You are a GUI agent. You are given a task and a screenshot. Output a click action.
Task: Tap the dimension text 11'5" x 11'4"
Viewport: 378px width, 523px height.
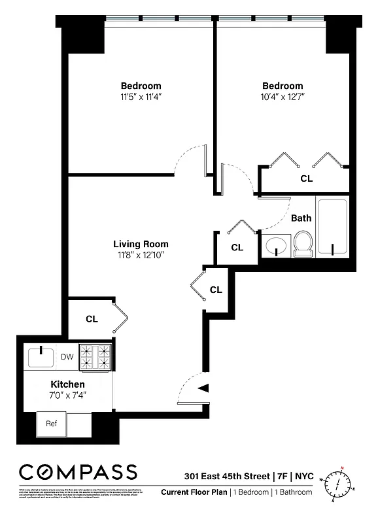pyautogui.click(x=141, y=97)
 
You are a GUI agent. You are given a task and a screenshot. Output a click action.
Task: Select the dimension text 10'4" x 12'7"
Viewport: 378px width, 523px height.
pyautogui.click(x=283, y=97)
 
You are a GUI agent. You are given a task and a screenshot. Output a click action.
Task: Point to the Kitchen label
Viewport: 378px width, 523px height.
pyautogui.click(x=68, y=384)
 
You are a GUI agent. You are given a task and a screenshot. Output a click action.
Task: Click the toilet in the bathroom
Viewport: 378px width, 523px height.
pyautogui.click(x=303, y=244)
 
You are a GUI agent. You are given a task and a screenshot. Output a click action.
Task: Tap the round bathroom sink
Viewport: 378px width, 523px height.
pyautogui.click(x=275, y=246)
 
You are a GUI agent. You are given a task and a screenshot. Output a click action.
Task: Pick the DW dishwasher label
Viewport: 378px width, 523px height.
pyautogui.click(x=67, y=357)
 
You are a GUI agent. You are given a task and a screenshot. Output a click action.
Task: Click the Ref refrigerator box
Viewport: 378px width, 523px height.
pyautogui.click(x=52, y=423)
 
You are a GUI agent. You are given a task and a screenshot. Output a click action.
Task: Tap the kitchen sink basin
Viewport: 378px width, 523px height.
pyautogui.click(x=43, y=357)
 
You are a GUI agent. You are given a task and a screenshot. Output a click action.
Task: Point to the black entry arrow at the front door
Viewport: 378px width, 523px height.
pyautogui.click(x=203, y=388)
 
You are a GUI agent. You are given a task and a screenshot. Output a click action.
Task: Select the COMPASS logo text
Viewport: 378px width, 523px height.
pyautogui.click(x=78, y=472)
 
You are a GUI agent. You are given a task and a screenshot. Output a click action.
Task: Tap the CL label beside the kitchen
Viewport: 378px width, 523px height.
pyautogui.click(x=92, y=319)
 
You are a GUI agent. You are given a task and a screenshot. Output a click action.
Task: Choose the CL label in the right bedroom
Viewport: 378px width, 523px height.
pyautogui.click(x=306, y=178)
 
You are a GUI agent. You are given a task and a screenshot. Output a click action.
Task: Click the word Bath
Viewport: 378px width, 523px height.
pyautogui.click(x=301, y=218)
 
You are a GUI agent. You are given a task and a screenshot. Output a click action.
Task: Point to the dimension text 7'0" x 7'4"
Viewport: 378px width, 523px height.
pyautogui.click(x=68, y=395)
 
